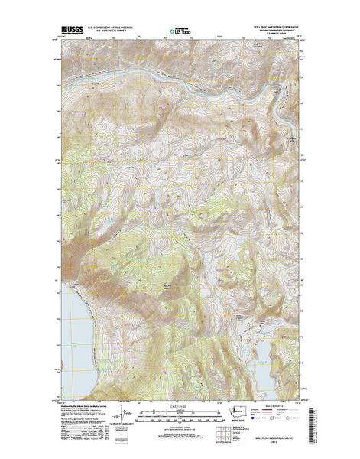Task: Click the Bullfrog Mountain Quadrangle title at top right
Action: [271, 29]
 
